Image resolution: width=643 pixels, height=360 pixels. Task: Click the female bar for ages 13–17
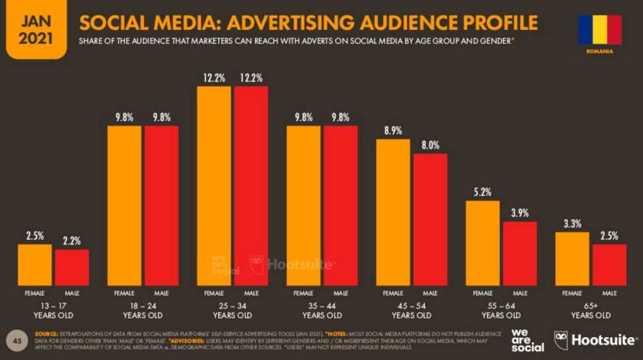(34, 264)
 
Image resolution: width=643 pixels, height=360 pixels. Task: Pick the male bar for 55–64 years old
(520, 253)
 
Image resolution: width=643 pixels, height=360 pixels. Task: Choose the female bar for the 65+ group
(572, 258)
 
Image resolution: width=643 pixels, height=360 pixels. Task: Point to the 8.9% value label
(393, 131)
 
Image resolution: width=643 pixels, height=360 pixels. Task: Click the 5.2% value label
(482, 192)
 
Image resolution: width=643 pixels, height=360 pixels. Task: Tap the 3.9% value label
(520, 213)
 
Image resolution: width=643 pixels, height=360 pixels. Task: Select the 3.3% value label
(572, 224)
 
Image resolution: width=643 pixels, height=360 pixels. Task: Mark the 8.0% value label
(430, 145)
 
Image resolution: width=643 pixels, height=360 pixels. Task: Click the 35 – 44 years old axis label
(322, 310)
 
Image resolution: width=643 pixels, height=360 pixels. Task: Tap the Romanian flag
(599, 29)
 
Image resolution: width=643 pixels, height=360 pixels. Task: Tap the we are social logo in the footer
(527, 340)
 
